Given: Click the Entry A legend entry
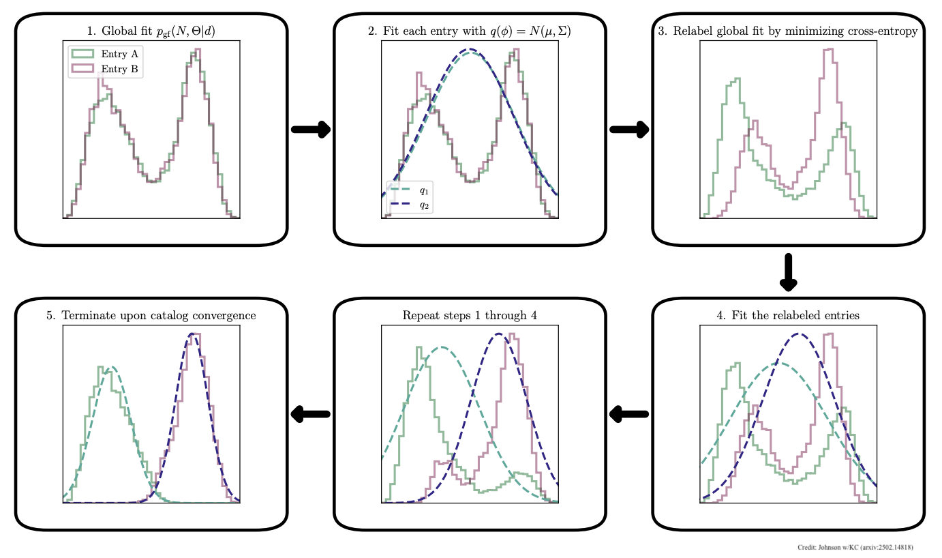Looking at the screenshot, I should (106, 54).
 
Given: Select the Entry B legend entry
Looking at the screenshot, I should (106, 68).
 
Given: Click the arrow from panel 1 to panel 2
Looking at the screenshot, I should (311, 130).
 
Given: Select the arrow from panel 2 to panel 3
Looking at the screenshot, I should (629, 130).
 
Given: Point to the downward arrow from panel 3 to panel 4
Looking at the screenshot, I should (788, 271).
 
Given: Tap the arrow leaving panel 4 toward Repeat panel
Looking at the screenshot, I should (628, 413).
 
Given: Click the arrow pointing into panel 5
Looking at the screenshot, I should (310, 413).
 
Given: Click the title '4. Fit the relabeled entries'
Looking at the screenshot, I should (788, 315).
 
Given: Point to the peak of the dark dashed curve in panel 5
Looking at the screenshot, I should (194, 334).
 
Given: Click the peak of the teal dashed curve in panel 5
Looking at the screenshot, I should (110, 368).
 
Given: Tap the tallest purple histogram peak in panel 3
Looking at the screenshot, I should (828, 49).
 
